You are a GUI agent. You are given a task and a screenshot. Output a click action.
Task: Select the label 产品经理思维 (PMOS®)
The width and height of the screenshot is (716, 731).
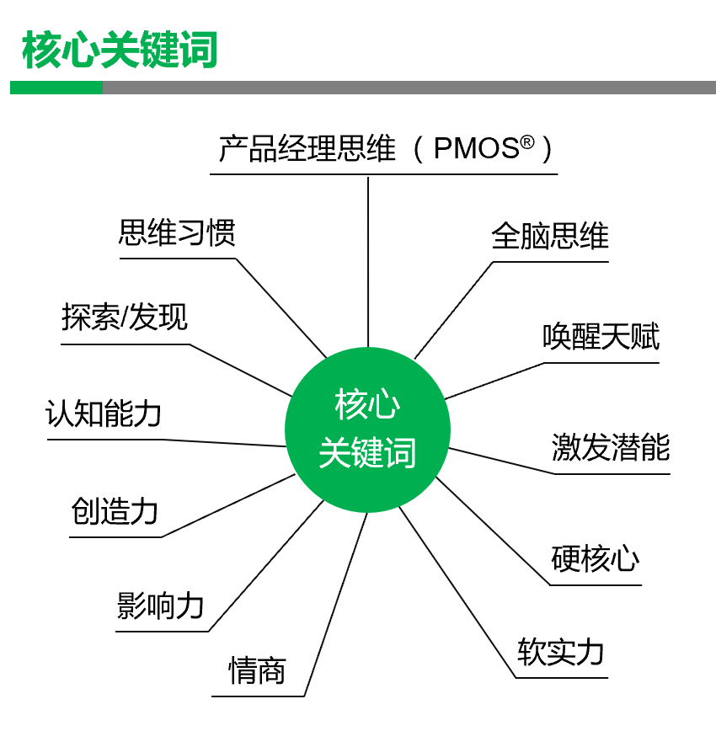384,149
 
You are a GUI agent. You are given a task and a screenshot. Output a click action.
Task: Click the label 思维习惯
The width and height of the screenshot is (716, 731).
176,233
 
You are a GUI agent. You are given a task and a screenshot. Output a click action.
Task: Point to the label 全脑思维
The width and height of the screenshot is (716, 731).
549,236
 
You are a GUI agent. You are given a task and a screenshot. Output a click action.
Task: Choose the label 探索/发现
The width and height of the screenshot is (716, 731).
125,317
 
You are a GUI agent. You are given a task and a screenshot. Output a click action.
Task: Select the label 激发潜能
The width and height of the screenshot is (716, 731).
611,447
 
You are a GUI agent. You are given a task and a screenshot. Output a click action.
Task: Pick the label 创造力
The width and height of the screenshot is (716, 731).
115,511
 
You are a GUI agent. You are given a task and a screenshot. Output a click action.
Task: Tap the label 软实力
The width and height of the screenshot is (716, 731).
560,652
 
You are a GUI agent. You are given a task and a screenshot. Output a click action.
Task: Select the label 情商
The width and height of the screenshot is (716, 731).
257,671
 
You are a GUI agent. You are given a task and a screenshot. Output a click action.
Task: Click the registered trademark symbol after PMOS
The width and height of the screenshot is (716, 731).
527,142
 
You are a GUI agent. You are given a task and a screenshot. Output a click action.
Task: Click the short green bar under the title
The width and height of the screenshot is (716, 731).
56,88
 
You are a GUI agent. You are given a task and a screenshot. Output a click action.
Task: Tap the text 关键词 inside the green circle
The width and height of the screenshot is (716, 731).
367,452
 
